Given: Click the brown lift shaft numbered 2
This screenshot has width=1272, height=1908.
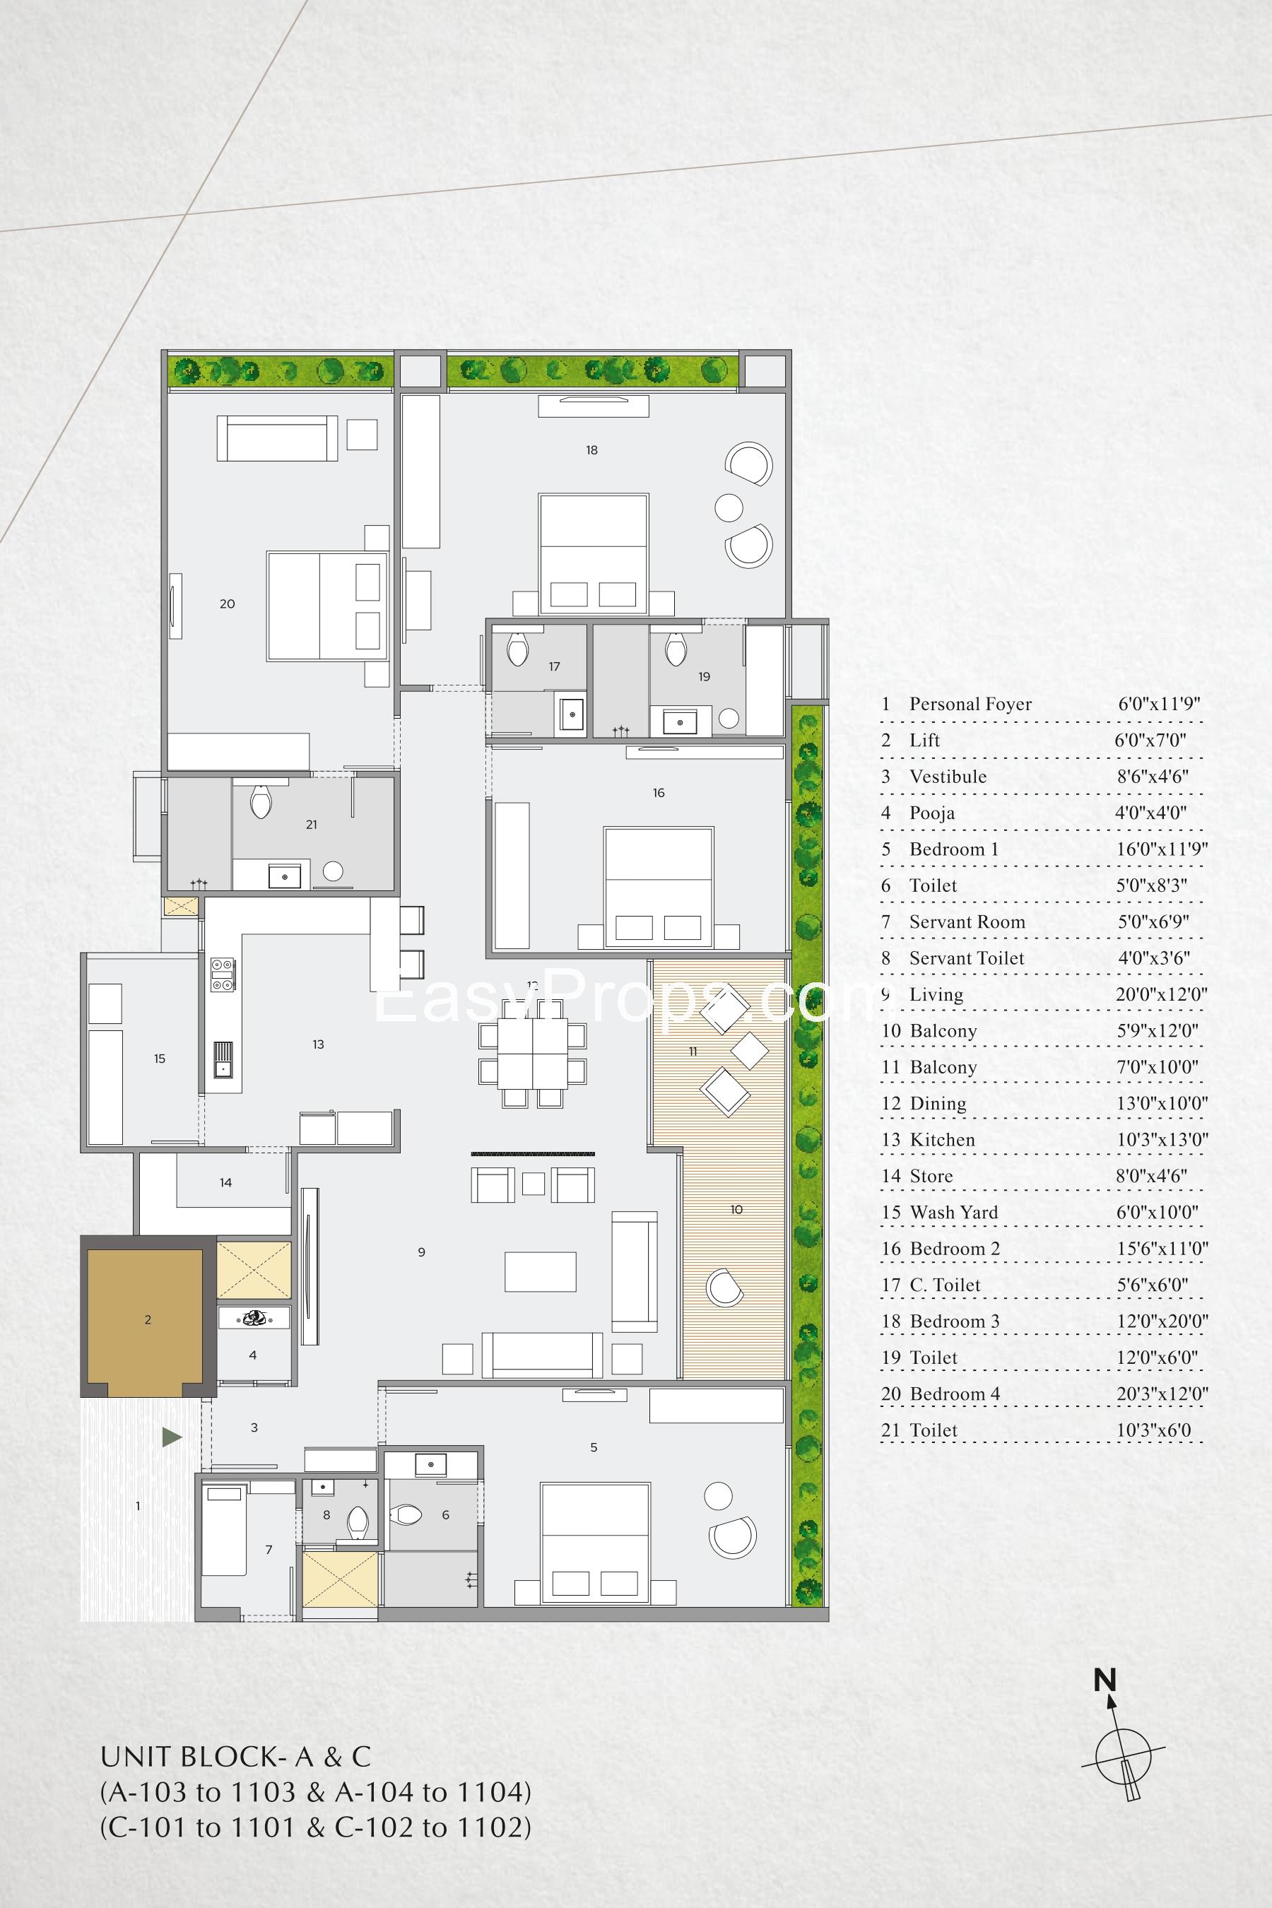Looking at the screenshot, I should (144, 1318).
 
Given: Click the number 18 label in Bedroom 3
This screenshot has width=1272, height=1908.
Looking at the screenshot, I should (591, 450).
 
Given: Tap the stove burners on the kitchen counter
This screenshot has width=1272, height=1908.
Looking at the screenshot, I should (223, 974).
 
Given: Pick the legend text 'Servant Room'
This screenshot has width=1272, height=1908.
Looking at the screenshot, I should (966, 921).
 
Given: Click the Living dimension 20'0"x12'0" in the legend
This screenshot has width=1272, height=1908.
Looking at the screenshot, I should (1161, 994).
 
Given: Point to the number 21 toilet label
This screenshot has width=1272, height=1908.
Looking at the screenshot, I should (312, 824).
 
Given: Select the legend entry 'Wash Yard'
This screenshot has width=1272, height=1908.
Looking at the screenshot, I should (953, 1212).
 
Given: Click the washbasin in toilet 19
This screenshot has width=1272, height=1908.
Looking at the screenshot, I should (680, 720).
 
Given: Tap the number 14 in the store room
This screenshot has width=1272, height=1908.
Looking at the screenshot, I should (225, 1183).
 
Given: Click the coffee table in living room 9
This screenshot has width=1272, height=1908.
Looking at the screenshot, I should (541, 1271).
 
